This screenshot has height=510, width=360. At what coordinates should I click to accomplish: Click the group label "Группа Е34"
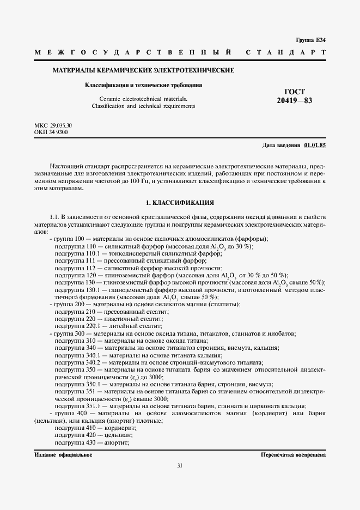310,40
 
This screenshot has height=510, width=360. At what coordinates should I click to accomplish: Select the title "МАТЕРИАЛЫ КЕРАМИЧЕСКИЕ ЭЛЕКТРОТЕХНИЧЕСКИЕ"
143,70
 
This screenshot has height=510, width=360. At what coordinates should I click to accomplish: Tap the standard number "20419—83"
294,101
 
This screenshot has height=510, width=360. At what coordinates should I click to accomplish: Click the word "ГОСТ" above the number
295,92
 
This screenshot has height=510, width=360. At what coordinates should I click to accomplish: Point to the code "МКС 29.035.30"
53,126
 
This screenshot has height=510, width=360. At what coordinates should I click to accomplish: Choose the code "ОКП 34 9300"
51,132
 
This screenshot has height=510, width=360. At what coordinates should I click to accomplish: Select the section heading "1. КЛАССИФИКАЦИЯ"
180,203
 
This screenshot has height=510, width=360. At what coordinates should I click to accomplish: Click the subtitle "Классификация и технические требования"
143,86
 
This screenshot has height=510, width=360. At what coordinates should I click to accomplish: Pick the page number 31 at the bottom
180,465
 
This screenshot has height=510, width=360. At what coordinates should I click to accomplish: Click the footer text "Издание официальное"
63,454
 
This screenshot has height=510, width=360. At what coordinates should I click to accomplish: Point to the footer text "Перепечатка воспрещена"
293,454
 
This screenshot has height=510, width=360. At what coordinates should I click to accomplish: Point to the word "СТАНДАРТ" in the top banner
286,53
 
